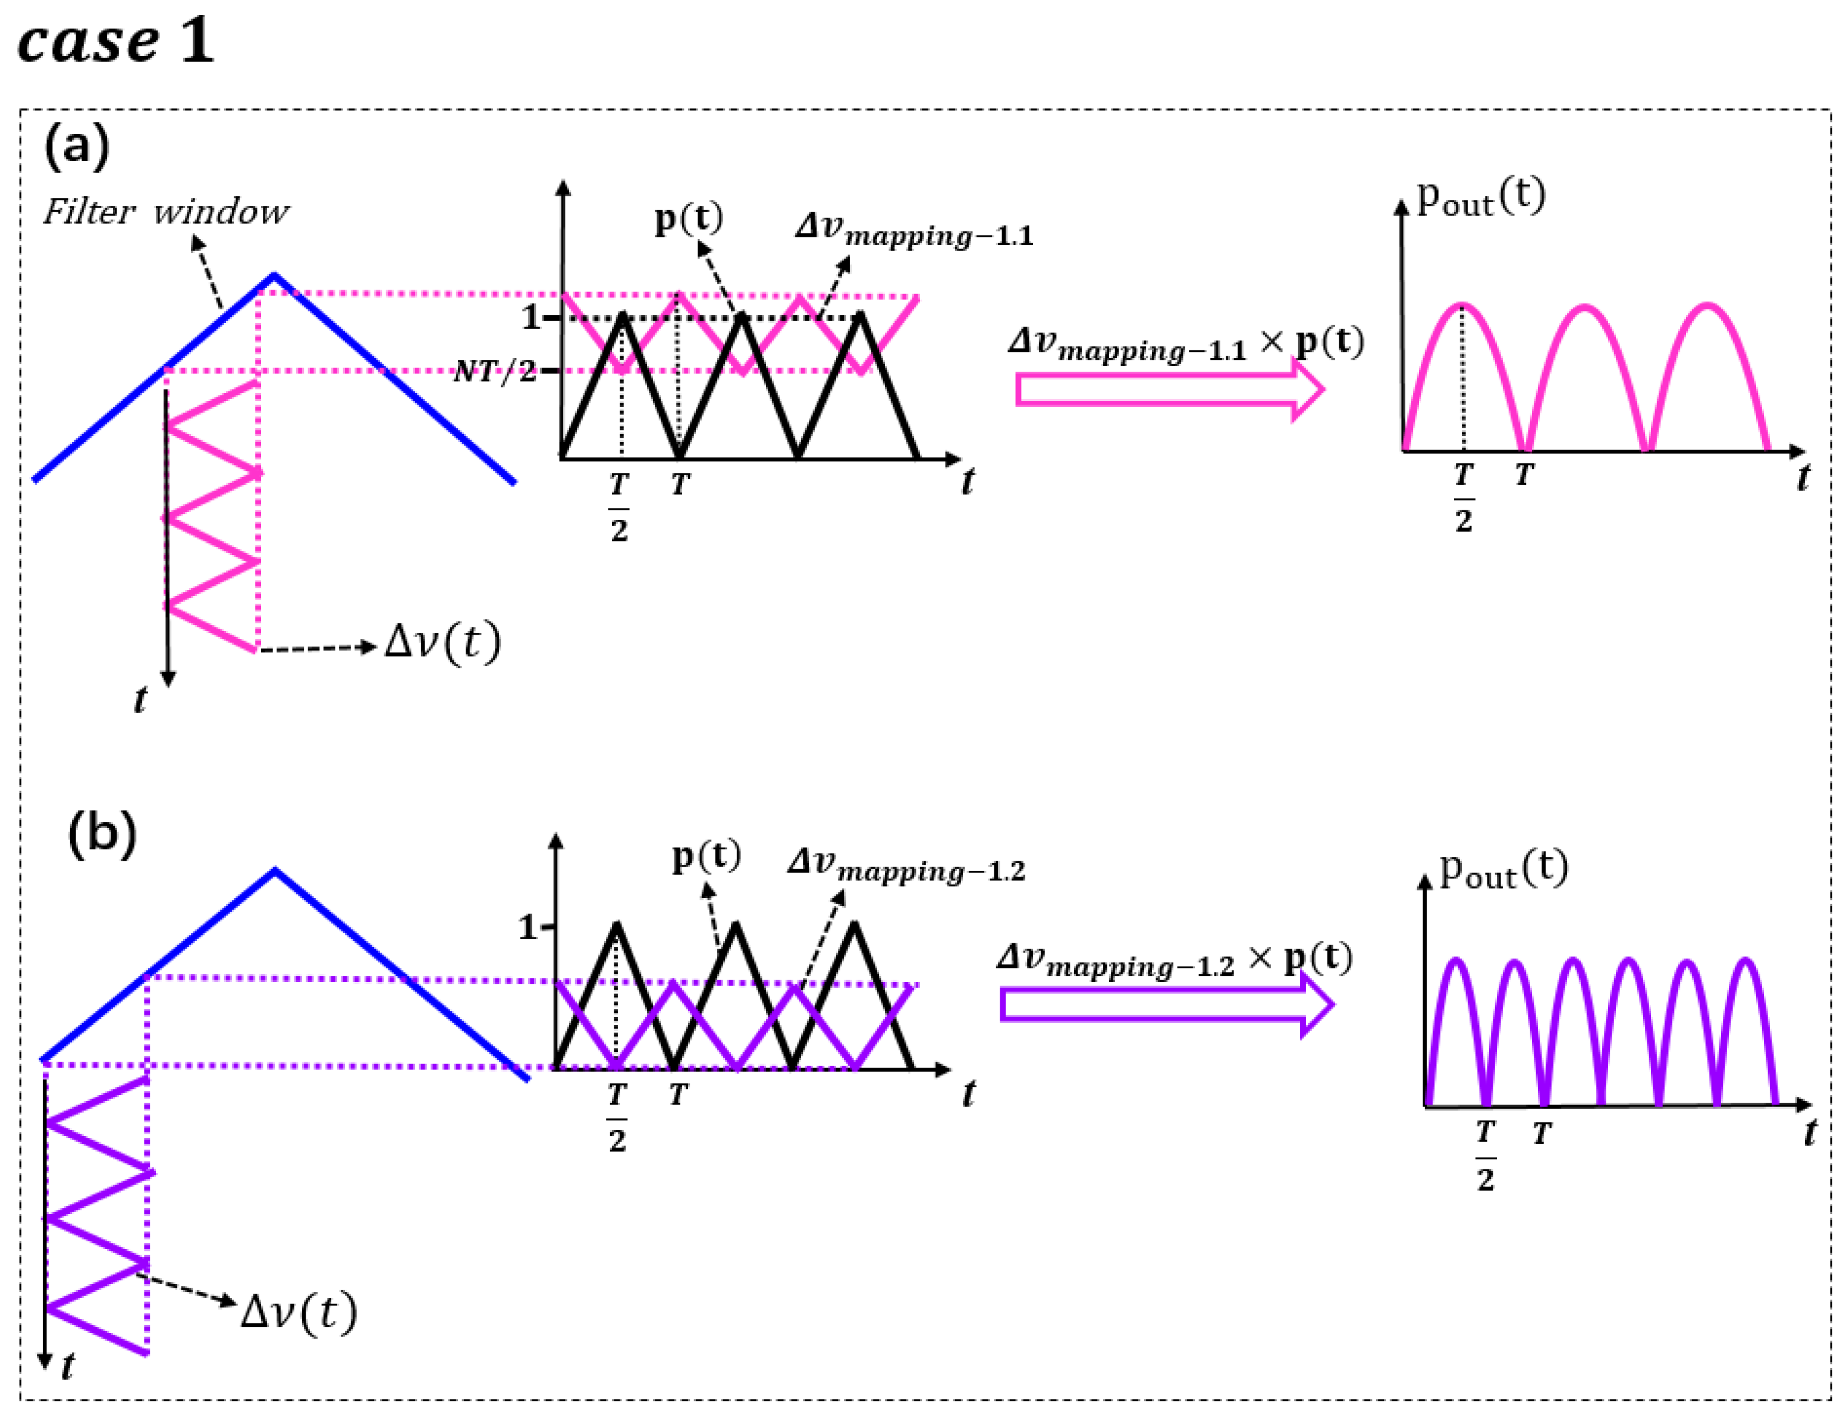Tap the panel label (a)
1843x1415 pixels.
(77, 145)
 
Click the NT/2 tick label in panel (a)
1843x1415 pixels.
(494, 371)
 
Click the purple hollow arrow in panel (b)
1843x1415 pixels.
(1166, 1005)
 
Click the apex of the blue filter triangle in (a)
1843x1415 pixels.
(275, 275)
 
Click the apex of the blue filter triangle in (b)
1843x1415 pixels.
(275, 871)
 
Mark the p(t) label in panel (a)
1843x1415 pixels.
(689, 219)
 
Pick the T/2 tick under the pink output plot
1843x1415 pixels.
(1464, 497)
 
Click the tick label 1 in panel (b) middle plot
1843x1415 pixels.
(528, 927)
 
